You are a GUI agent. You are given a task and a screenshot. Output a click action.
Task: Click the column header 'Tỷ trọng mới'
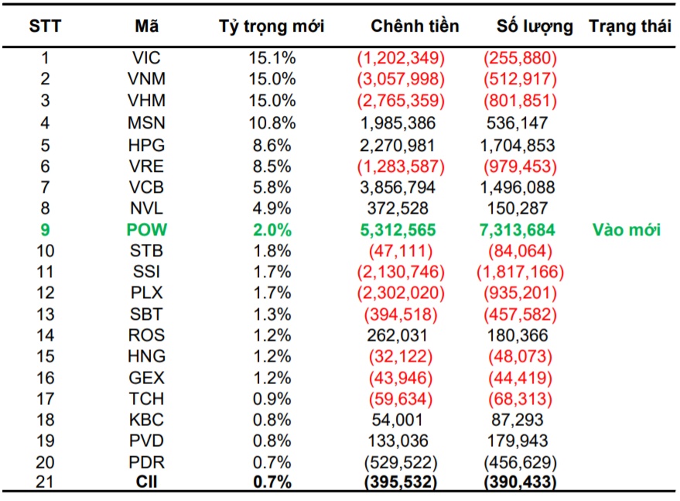point(272,26)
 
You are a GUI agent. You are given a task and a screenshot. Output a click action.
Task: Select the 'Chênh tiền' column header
point(415,26)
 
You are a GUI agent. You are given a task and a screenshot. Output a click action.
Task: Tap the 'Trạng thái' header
point(630,26)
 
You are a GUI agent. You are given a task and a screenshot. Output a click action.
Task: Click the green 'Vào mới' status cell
point(626,230)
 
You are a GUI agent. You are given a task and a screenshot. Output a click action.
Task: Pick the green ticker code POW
point(147,230)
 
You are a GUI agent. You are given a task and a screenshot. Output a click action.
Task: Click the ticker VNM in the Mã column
point(147,79)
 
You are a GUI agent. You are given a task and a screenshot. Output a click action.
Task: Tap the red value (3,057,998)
point(400,79)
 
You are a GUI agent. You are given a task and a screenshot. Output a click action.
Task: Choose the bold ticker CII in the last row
point(147,482)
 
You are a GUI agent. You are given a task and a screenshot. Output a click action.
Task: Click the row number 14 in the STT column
point(45,335)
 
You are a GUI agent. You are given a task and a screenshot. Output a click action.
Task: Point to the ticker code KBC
point(147,420)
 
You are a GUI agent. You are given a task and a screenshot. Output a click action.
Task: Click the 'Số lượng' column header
point(535,26)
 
